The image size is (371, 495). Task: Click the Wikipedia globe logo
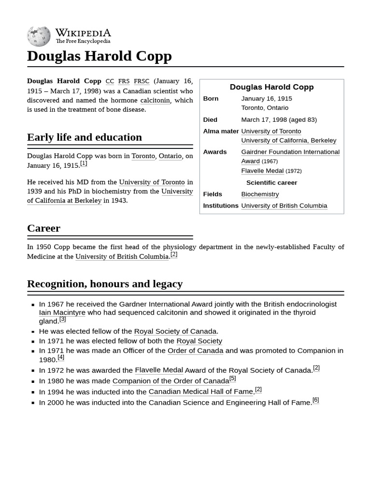pyautogui.click(x=39, y=36)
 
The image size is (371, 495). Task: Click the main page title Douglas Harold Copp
pyautogui.click(x=99, y=56)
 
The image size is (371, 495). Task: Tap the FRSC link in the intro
pyautogui.click(x=142, y=81)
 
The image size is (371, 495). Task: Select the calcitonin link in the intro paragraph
pyautogui.click(x=155, y=100)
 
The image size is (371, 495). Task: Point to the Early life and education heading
pyautogui.click(x=85, y=137)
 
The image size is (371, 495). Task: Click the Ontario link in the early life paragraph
pyautogui.click(x=170, y=156)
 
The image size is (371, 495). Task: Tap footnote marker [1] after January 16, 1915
pyautogui.click(x=84, y=163)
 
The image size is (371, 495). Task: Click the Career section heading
pyautogui.click(x=43, y=228)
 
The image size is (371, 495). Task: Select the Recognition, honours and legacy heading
pyautogui.click(x=105, y=284)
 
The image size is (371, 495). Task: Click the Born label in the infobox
pyautogui.click(x=211, y=99)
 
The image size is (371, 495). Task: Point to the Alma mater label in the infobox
pyautogui.click(x=221, y=131)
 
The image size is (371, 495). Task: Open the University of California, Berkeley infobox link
pyautogui.click(x=288, y=141)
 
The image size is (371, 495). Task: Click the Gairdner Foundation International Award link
pyautogui.click(x=290, y=152)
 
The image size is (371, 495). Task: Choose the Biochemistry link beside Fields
pyautogui.click(x=260, y=194)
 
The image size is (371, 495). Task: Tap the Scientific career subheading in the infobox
pyautogui.click(x=271, y=183)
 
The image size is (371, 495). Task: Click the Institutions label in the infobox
pyautogui.click(x=221, y=206)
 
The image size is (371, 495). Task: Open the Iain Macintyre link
pyautogui.click(x=62, y=313)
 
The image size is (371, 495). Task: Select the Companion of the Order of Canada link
pyautogui.click(x=171, y=381)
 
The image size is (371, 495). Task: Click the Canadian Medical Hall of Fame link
pyautogui.click(x=200, y=392)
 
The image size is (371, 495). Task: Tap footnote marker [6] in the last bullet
pyautogui.click(x=315, y=400)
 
